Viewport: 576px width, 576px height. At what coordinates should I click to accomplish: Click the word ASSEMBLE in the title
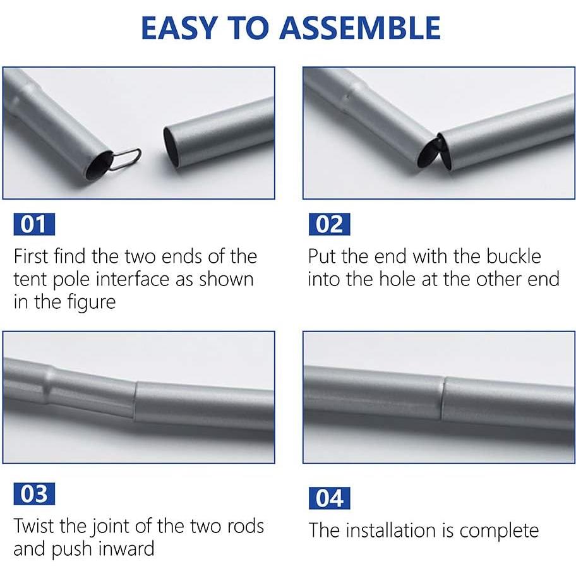click(x=360, y=28)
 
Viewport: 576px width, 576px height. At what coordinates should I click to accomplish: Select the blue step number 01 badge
click(x=34, y=224)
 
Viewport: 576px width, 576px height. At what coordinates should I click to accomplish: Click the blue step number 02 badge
click(x=330, y=224)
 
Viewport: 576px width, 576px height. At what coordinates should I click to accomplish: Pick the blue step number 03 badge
click(x=34, y=494)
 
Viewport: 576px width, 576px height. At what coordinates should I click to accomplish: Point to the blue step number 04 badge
click(x=330, y=498)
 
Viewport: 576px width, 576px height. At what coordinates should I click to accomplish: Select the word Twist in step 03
click(x=35, y=525)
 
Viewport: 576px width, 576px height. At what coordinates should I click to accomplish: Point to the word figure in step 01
click(x=91, y=303)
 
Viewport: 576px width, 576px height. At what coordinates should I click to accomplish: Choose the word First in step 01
click(x=31, y=256)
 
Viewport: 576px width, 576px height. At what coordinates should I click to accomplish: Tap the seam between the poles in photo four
click(x=443, y=399)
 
